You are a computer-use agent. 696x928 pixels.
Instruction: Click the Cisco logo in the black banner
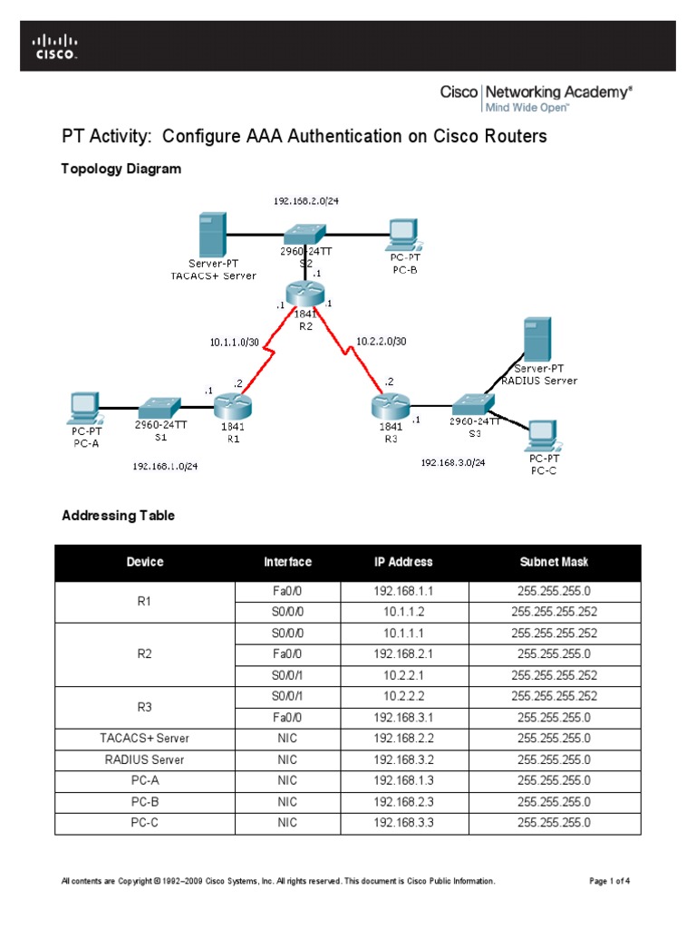pyautogui.click(x=55, y=46)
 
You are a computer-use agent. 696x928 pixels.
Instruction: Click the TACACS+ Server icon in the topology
pyautogui.click(x=213, y=234)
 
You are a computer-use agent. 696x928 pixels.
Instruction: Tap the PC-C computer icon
pyautogui.click(x=543, y=435)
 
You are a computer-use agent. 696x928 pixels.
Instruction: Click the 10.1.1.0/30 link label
pyautogui.click(x=233, y=342)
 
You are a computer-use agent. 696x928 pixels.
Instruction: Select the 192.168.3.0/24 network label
pyautogui.click(x=452, y=462)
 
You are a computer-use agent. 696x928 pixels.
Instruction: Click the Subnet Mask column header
pyautogui.click(x=554, y=562)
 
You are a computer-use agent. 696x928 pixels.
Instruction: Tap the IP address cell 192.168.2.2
pyautogui.click(x=403, y=739)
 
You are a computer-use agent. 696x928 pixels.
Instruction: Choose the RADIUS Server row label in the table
pyautogui.click(x=145, y=759)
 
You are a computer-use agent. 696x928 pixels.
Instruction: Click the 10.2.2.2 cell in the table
pyautogui.click(x=403, y=696)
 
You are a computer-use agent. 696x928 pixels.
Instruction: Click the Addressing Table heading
pyautogui.click(x=118, y=516)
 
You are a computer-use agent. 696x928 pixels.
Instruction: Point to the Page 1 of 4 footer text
pyautogui.click(x=609, y=881)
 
